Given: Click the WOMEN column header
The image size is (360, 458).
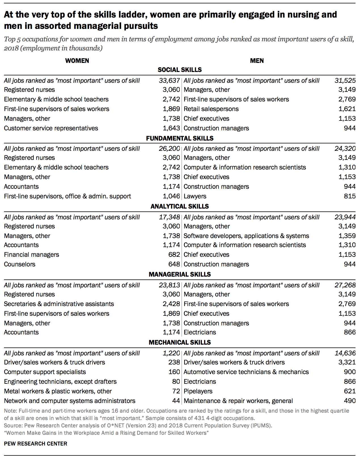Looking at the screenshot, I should pyautogui.click(x=77, y=61).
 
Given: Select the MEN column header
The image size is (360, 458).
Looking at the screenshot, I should pyautogui.click(x=257, y=61).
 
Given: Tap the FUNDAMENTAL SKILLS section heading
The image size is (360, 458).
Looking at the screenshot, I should pyautogui.click(x=180, y=138).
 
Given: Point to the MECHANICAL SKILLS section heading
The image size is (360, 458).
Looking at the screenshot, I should pyautogui.click(x=180, y=342).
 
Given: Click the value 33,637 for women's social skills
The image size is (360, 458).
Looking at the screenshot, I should pyautogui.click(x=169, y=80).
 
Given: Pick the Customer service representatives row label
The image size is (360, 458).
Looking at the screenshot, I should pyautogui.click(x=51, y=128).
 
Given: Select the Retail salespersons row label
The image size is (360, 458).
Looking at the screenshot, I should pyautogui.click(x=211, y=109).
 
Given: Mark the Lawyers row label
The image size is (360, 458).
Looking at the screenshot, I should pyautogui.click(x=195, y=196).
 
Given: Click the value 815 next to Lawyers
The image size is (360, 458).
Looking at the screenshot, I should pyautogui.click(x=350, y=196).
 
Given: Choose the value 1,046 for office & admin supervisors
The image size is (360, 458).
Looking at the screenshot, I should pyautogui.click(x=171, y=196).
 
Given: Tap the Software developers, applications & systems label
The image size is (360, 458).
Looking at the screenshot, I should pyautogui.click(x=246, y=236).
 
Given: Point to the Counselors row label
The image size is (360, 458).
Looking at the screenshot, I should pyautogui.click(x=20, y=264).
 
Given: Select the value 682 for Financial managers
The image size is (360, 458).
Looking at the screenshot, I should pyautogui.click(x=174, y=255).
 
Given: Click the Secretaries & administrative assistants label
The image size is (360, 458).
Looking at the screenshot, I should pyautogui.click(x=59, y=304).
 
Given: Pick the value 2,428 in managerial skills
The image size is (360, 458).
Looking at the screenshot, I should pyautogui.click(x=171, y=304).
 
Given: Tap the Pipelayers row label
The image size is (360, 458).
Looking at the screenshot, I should pyautogui.click(x=198, y=391).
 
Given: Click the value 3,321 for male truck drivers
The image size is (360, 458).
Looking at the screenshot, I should pyautogui.click(x=347, y=362).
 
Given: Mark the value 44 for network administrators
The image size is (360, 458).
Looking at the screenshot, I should pyautogui.click(x=176, y=401).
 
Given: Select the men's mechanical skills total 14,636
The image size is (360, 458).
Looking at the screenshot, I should pyautogui.click(x=345, y=353).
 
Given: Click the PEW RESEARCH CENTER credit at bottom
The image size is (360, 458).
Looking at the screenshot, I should pyautogui.click(x=36, y=444).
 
